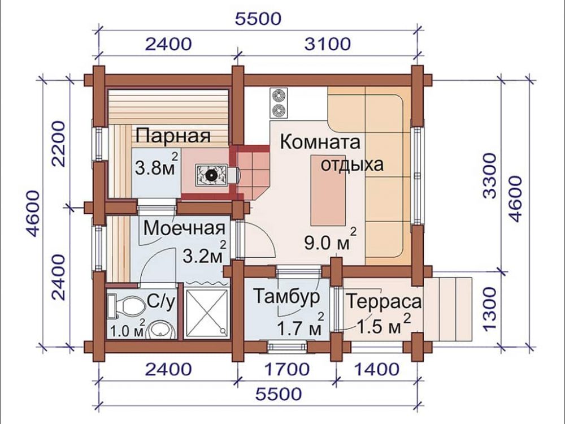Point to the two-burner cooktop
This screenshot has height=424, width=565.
click(x=278, y=103)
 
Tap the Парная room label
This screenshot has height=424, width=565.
click(x=173, y=137)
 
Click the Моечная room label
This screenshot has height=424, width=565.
click(x=185, y=228)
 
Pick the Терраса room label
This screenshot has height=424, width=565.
click(x=384, y=301)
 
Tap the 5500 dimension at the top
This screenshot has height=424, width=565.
click(x=258, y=19)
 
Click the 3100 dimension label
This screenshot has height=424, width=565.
click(x=328, y=44)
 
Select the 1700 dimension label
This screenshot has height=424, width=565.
click(x=287, y=370)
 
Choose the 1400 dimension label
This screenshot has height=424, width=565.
click(x=377, y=370)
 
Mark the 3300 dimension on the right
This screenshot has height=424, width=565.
click(x=490, y=176)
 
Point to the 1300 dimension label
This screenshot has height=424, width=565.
click(x=490, y=309)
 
